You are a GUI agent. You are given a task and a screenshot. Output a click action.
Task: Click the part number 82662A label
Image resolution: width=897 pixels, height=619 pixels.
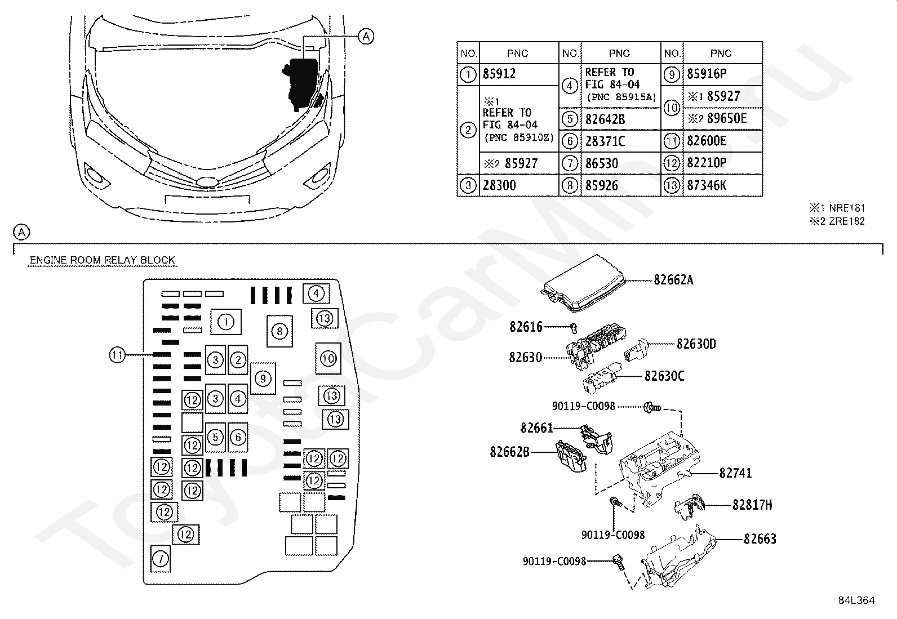673,279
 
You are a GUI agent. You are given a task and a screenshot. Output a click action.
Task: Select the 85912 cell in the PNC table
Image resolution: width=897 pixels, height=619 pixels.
500,74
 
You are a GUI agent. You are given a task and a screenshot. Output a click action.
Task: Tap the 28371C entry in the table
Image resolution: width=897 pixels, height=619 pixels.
605,141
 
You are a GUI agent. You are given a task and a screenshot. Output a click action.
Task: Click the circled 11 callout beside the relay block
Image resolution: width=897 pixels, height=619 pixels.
117,355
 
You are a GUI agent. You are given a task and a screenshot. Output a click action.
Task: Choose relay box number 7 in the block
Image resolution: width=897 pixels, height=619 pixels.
161,559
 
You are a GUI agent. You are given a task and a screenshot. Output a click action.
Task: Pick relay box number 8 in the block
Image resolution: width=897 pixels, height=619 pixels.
279,331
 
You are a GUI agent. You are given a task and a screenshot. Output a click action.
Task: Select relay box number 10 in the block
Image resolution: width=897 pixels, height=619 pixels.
328,358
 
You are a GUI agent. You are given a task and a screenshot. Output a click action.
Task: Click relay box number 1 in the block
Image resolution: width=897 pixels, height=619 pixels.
226,322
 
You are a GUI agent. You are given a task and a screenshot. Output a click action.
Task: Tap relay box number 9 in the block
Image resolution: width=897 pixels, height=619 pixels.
263,378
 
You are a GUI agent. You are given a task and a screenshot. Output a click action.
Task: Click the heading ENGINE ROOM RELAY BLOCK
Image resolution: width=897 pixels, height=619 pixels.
102,260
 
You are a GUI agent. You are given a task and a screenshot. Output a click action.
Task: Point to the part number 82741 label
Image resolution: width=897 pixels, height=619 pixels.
735,474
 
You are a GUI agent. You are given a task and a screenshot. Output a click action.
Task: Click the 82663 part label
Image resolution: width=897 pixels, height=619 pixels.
760,539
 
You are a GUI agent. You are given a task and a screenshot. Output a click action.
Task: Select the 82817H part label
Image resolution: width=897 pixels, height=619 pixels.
752,505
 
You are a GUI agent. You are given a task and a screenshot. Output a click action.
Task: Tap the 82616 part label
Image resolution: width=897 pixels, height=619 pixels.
526,327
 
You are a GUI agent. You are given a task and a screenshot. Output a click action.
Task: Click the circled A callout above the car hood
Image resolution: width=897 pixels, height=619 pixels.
366,37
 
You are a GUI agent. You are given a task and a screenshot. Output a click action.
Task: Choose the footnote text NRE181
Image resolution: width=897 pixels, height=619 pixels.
846,208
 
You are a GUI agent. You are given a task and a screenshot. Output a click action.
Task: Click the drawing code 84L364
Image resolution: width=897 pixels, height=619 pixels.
856,600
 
